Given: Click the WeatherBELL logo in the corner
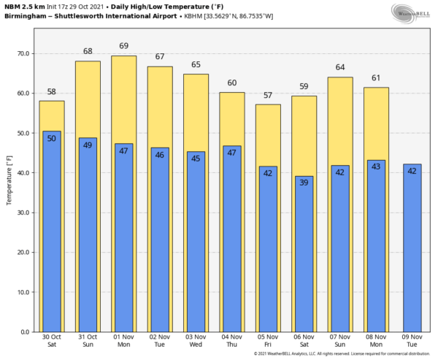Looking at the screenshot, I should (411, 12).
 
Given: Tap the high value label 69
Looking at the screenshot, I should (123, 46).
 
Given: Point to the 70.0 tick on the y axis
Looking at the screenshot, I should (23, 54).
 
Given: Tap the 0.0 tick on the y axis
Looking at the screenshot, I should (26, 332).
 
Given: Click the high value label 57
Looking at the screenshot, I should (268, 96).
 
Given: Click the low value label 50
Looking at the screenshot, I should (52, 139).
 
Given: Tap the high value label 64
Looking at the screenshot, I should (339, 68).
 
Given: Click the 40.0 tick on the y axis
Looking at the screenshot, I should (23, 173).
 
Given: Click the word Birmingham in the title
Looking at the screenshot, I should (29, 16).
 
